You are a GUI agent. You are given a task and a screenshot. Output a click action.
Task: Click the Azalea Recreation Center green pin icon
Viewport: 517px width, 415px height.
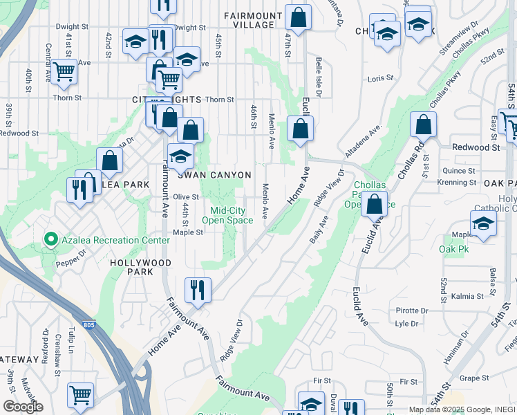point(50,240)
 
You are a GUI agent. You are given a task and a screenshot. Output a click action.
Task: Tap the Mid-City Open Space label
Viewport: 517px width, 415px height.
point(227,216)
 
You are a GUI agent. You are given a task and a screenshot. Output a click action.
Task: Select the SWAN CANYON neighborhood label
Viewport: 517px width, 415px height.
point(214,176)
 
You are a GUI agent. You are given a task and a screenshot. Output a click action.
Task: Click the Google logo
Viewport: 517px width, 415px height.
point(23,407)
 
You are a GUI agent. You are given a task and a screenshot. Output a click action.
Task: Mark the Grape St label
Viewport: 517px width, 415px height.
point(474,378)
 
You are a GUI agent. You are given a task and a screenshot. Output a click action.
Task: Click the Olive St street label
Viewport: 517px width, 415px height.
point(186,197)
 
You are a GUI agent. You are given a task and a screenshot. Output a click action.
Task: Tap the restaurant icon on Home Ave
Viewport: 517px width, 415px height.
point(198,291)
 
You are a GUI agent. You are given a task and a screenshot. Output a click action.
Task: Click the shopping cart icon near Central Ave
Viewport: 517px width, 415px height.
point(64,72)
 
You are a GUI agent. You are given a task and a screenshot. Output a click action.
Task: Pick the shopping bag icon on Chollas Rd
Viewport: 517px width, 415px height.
point(423,126)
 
